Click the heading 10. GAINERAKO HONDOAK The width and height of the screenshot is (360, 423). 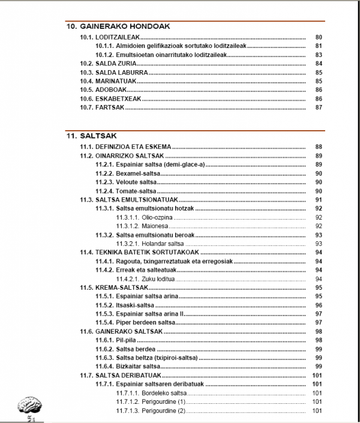tap(118, 26)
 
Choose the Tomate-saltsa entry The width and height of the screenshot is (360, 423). tap(125, 191)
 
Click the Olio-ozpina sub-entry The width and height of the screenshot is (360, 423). tap(142, 217)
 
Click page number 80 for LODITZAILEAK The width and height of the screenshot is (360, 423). tap(319, 37)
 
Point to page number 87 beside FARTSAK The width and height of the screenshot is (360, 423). tap(319, 108)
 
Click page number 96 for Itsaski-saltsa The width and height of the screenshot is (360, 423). tap(319, 305)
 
